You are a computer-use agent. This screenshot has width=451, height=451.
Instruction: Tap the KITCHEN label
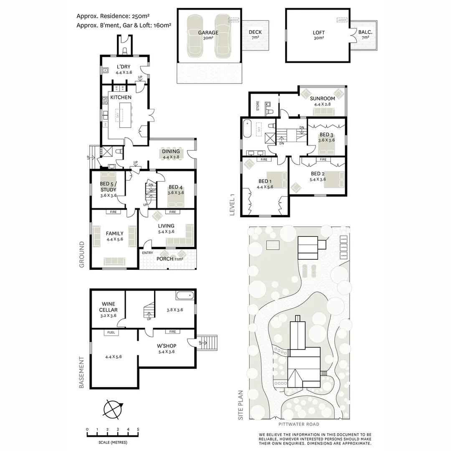point(121,97)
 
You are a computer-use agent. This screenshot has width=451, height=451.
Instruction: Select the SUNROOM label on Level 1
point(320,99)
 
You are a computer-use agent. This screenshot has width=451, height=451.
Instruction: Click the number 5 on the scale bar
point(138,429)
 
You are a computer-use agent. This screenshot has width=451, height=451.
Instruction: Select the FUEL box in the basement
point(111,333)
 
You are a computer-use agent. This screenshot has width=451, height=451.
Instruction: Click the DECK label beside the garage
point(255,32)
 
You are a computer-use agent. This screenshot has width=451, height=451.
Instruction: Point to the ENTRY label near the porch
point(147,253)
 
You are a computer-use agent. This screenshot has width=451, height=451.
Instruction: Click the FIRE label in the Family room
point(113,212)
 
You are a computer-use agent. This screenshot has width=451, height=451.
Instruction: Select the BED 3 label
point(326,134)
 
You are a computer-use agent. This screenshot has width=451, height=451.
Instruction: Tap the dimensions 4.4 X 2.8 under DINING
point(171,157)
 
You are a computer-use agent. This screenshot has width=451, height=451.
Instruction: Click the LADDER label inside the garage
point(233,20)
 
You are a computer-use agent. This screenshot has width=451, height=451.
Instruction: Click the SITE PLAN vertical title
point(240,405)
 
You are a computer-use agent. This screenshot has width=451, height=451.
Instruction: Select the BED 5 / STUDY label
point(108,187)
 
